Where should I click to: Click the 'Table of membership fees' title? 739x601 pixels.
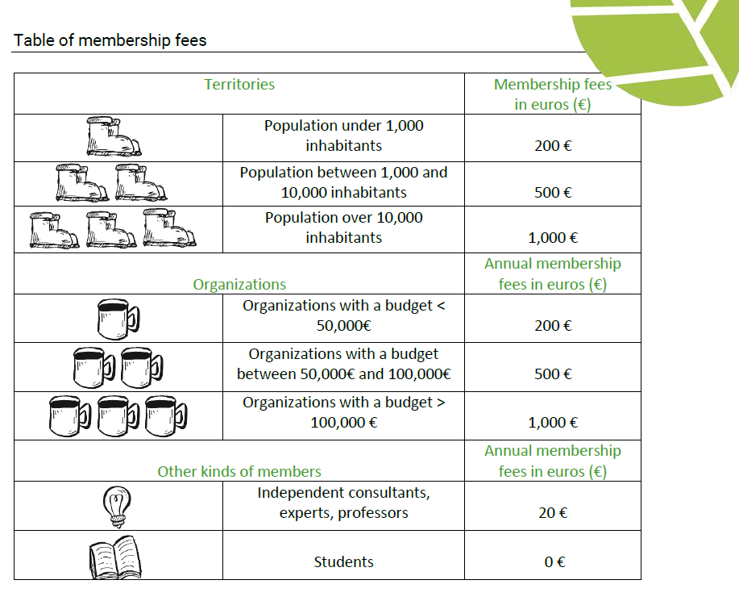pos(110,40)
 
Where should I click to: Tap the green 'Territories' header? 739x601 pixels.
pos(239,85)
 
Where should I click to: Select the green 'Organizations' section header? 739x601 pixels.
pos(239,285)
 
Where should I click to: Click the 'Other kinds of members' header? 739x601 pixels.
pos(239,472)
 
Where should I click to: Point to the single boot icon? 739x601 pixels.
pos(114,137)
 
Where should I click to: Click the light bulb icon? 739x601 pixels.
pos(117,507)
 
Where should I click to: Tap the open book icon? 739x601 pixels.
pos(115,557)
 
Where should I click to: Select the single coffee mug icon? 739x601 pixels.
pos(118,319)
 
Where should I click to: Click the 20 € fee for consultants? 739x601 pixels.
pos(553,513)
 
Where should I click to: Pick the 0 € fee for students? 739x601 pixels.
pos(554,561)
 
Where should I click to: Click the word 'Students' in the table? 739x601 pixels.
pos(343,561)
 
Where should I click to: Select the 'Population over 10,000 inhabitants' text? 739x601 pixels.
pos(343,227)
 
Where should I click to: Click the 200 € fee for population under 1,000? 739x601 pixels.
pos(553,146)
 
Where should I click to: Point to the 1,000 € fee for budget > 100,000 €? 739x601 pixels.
pos(553,423)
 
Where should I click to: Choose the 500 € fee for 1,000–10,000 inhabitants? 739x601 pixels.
pos(553,193)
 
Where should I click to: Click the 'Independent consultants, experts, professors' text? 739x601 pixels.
pos(343,503)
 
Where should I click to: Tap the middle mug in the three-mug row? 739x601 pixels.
pos(118,416)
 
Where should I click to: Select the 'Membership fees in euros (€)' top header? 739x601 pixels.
pos(553,94)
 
